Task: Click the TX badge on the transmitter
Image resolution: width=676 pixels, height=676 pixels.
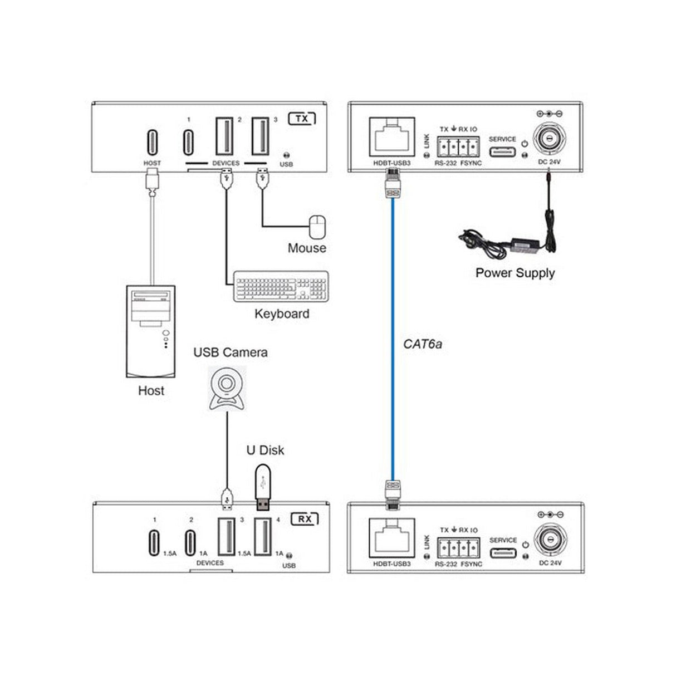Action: click(x=302, y=119)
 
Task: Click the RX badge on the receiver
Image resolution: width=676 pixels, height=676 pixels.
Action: click(x=305, y=519)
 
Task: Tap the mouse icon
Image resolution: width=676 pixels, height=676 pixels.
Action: click(x=317, y=227)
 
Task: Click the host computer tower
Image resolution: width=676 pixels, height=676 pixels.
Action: click(x=150, y=332)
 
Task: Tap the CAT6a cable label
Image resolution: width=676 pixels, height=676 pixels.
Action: click(x=423, y=344)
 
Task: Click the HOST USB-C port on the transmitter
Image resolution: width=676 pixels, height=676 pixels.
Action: click(x=152, y=143)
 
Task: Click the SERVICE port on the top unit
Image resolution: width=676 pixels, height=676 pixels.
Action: click(x=502, y=152)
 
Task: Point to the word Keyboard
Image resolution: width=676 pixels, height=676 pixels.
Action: click(x=282, y=313)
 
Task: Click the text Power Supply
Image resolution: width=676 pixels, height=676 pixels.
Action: click(x=515, y=273)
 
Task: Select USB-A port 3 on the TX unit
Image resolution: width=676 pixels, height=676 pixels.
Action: click(x=260, y=136)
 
